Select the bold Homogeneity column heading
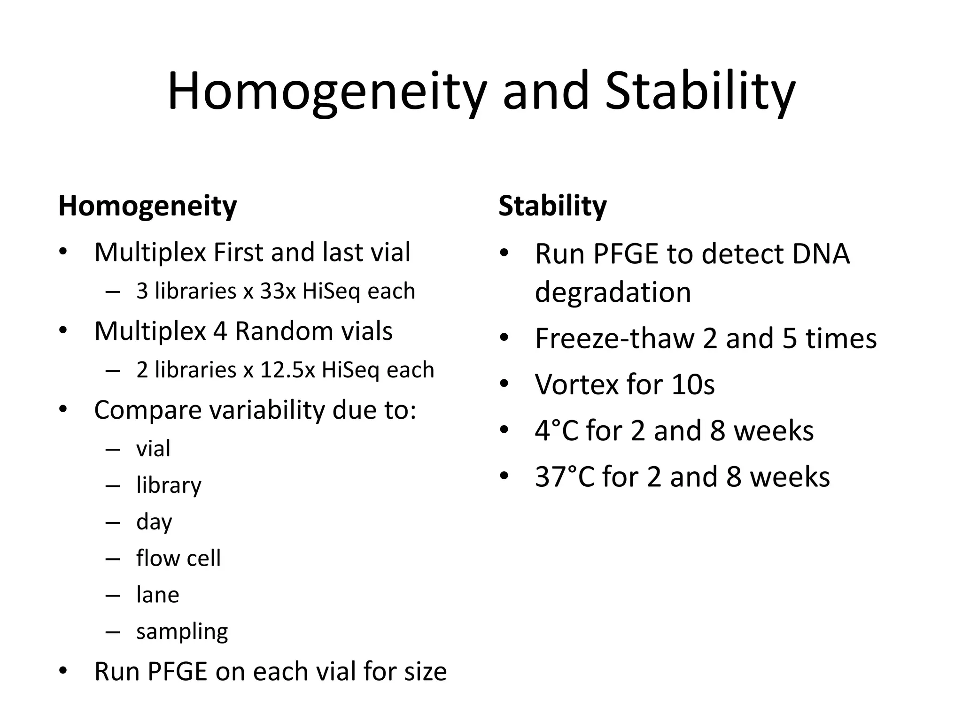coord(147,206)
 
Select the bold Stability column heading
coord(552,206)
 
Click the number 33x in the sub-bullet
coord(278,291)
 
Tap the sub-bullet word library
coord(169,485)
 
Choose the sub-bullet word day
coord(154,522)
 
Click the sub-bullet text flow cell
coord(178,558)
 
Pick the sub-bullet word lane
coord(157,595)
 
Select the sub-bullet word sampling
coord(182,632)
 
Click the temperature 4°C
coord(556,431)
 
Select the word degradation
coord(613,292)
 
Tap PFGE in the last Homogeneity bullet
coord(178,671)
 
